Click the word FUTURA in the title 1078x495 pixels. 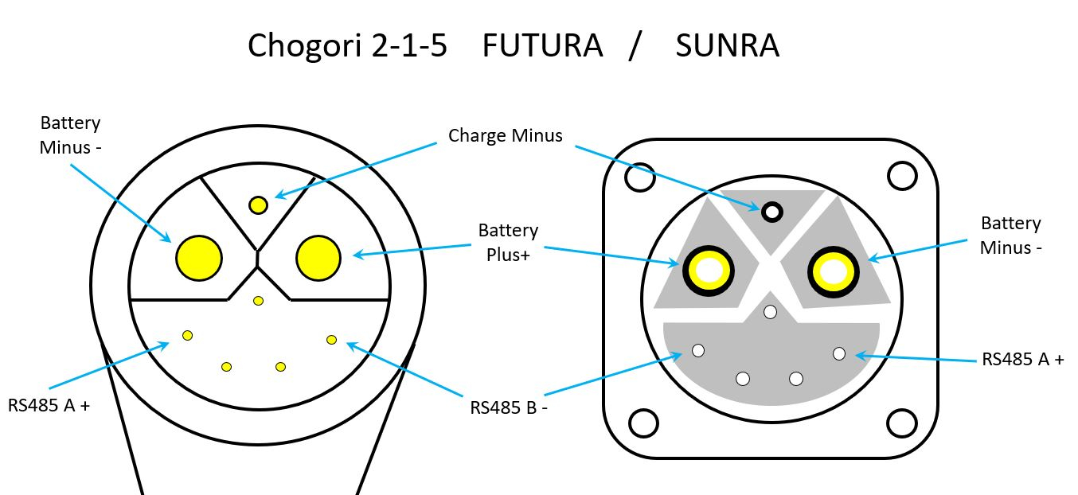click(x=541, y=46)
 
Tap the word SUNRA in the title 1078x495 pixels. click(x=727, y=46)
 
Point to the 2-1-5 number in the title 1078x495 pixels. click(x=408, y=46)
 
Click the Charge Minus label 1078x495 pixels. click(x=505, y=135)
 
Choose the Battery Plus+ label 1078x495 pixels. click(x=508, y=242)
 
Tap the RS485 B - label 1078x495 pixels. click(x=509, y=407)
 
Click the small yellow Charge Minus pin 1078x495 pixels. click(x=258, y=205)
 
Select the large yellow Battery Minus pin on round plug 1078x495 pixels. click(x=198, y=258)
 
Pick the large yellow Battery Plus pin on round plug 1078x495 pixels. click(x=318, y=258)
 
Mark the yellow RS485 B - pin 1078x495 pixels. click(x=332, y=340)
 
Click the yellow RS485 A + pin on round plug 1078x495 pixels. click(x=188, y=335)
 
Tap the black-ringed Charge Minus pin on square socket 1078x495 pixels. click(x=771, y=212)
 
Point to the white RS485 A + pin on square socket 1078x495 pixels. click(x=839, y=353)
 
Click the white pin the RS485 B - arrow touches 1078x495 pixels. click(x=699, y=350)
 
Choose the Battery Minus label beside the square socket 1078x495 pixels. click(x=1010, y=235)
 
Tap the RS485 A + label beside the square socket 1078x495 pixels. click(x=1022, y=359)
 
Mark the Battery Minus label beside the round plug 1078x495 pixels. click(x=71, y=134)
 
